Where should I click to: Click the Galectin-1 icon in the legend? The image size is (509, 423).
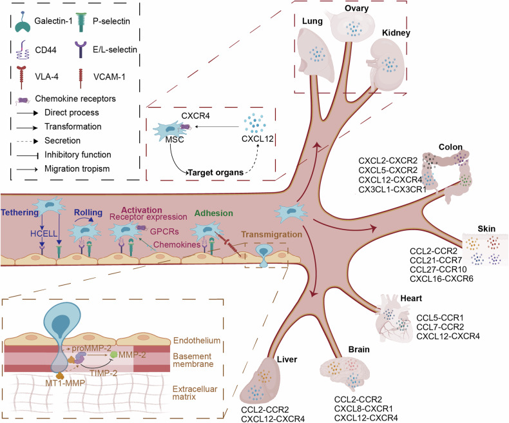[23, 23]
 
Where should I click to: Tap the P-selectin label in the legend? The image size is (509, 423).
[111, 21]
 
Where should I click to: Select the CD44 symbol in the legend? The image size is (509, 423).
[23, 50]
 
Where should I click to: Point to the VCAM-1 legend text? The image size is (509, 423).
[109, 77]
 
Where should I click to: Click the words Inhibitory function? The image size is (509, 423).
[78, 155]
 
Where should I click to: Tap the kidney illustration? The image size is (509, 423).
[387, 63]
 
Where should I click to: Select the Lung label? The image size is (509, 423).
[312, 21]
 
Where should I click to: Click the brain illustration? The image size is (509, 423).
[345, 373]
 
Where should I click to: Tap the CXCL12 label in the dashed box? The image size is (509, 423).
[258, 139]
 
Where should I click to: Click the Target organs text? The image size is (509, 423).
[216, 173]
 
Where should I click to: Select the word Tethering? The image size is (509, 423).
[19, 213]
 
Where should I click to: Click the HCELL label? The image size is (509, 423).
[44, 233]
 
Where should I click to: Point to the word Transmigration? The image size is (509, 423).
[272, 235]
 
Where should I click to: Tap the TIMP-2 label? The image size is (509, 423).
[104, 373]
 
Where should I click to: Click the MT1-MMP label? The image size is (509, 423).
[65, 384]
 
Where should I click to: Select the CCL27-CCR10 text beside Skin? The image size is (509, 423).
[438, 270]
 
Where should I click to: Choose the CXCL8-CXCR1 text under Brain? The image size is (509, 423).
[363, 409]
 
